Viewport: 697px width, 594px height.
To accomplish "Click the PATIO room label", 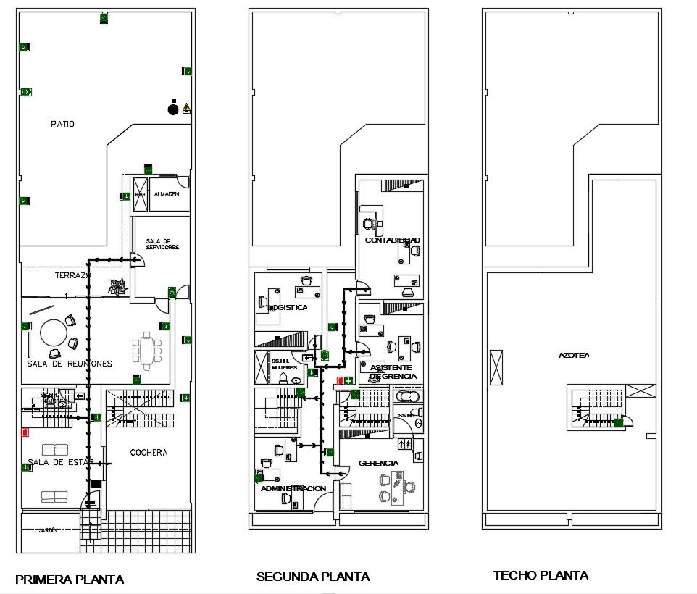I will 62,124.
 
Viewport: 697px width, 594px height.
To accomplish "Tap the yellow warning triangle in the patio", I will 187,109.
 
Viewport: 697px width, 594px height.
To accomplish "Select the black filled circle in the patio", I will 172,109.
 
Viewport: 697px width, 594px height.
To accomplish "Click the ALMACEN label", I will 167,194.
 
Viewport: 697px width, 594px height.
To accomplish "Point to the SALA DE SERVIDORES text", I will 162,244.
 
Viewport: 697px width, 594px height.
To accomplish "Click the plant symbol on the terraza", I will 117,287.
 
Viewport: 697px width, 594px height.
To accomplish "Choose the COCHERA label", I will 149,453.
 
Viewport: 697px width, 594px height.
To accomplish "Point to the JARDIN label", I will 48,531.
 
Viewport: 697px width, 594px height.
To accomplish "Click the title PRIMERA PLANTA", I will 70,579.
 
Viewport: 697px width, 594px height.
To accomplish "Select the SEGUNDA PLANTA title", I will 313,577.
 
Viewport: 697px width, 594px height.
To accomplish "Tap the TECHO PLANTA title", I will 541,575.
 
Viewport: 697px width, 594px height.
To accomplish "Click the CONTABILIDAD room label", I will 392,240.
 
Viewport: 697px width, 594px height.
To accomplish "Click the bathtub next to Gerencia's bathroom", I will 406,397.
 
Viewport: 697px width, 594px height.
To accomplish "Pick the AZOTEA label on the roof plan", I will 573,356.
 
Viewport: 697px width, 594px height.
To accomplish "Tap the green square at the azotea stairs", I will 618,423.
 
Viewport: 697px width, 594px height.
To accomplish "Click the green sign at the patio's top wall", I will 104,18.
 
